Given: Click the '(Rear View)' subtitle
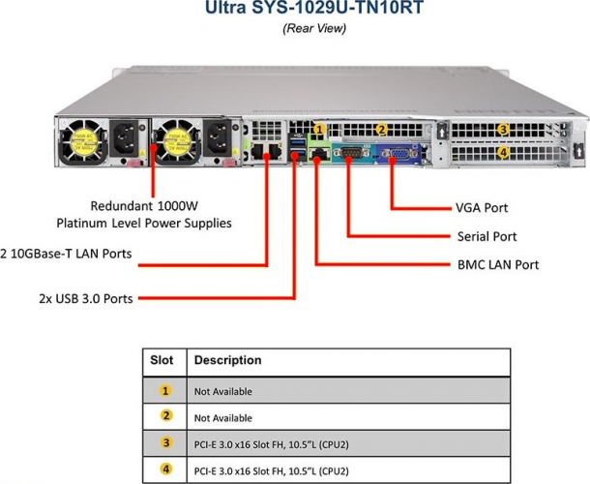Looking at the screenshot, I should coord(313,28).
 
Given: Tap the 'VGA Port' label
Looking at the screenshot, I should coord(482,207).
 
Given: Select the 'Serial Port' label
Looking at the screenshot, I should coord(487,236).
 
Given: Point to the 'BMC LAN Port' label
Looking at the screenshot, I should coord(497,264).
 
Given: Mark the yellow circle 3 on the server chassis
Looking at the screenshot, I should coord(503,130).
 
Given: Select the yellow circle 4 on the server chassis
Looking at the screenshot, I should coord(503,152).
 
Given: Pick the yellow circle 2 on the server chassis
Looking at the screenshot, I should coord(381,129).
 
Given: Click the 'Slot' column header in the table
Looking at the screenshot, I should coord(162,361).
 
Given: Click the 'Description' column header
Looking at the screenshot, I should coord(227,361).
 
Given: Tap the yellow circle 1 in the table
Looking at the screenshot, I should coord(164,391).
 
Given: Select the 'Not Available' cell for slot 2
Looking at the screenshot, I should coord(223,418).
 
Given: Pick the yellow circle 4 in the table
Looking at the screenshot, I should coord(164,470).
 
